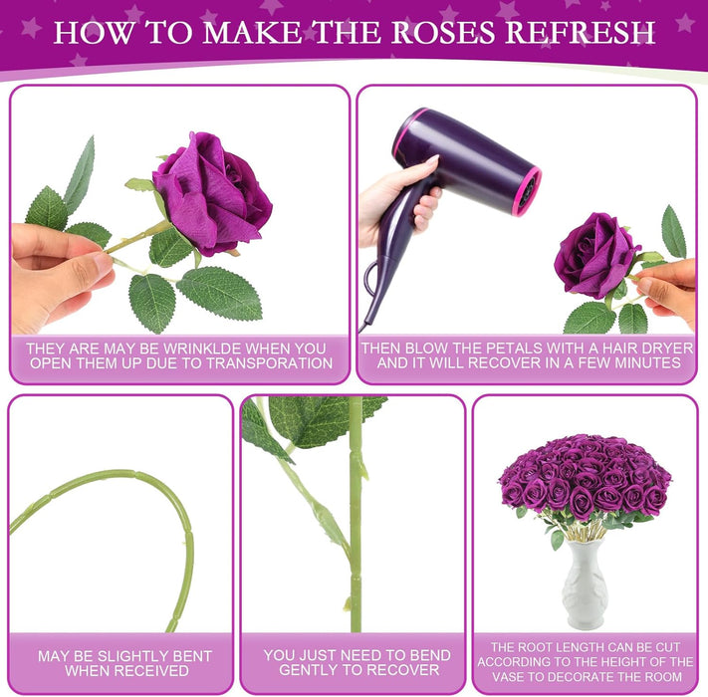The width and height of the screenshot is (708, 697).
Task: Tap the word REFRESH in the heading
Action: (x=580, y=32)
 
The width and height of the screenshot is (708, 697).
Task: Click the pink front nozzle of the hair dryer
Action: (x=527, y=191)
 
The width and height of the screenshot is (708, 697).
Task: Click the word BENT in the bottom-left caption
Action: (x=190, y=656)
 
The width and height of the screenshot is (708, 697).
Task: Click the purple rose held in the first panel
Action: (x=212, y=193)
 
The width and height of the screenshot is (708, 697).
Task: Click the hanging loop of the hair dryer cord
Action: (x=370, y=279)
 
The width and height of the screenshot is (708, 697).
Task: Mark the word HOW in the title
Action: (x=94, y=32)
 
